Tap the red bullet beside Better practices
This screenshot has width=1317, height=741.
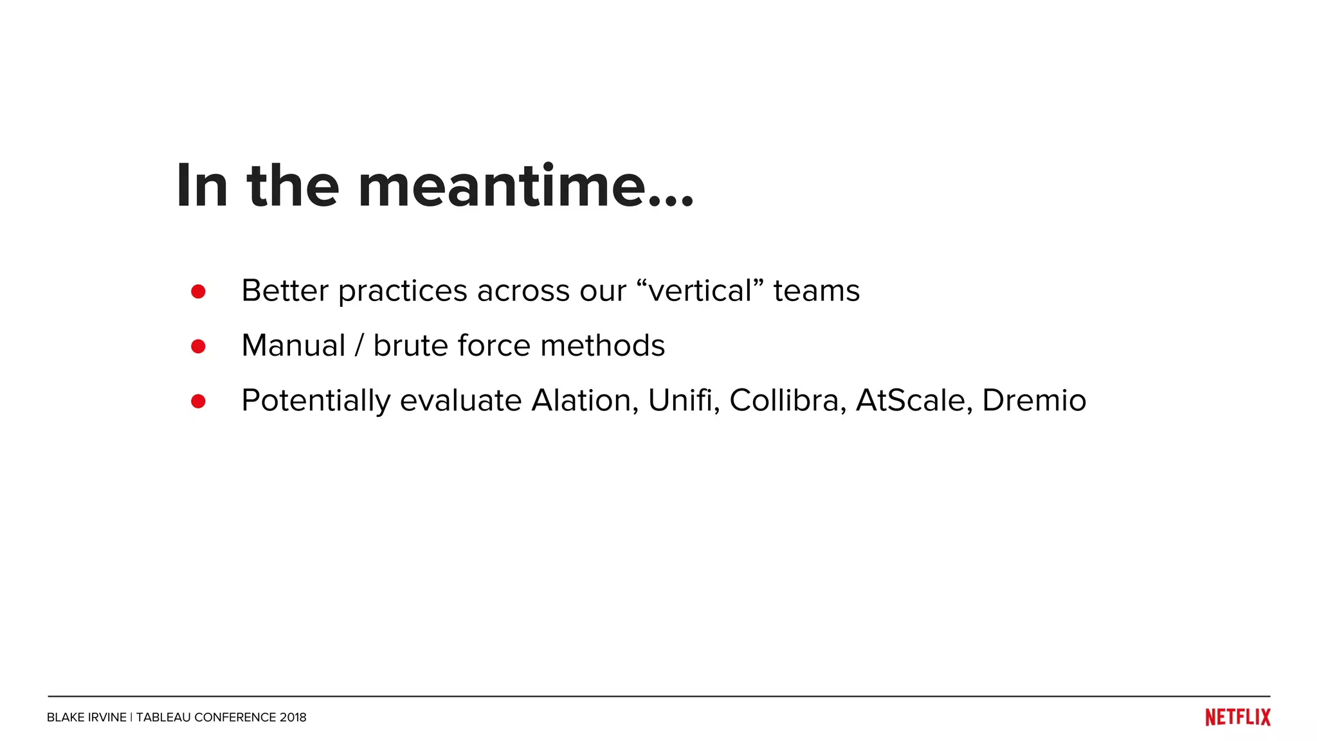tap(198, 291)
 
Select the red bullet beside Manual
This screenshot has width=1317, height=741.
tap(198, 347)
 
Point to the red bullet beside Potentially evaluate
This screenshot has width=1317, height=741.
tap(198, 401)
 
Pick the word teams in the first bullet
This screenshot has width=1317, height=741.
tap(816, 291)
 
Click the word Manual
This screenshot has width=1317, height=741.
tap(293, 345)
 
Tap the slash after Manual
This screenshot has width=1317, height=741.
tap(359, 346)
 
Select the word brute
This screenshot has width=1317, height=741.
tap(410, 345)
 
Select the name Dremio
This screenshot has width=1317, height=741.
tap(1034, 400)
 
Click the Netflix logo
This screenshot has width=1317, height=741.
tap(1237, 717)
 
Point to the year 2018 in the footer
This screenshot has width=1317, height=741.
tap(293, 717)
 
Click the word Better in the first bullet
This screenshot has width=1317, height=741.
tap(285, 291)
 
